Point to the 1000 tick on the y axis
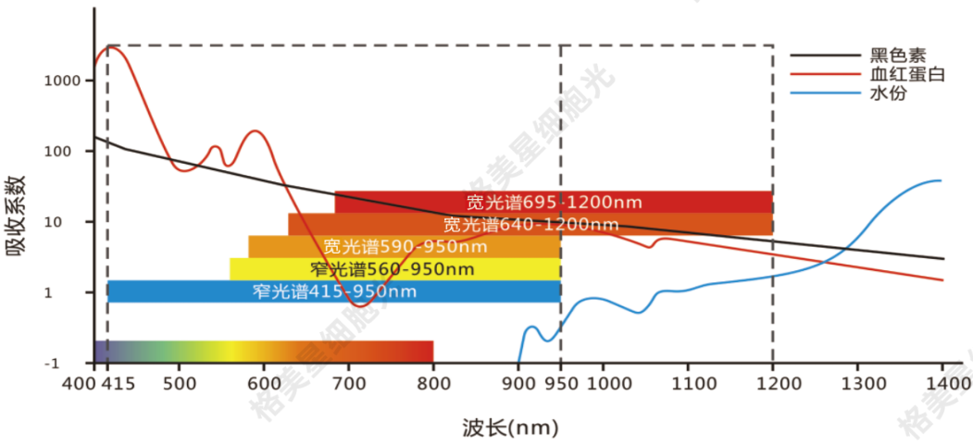(62, 81)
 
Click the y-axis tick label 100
(69, 152)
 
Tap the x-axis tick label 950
(560, 382)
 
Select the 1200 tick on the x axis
(772, 382)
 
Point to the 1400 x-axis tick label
(942, 382)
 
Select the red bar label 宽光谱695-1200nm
(554, 202)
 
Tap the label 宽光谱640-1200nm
(530, 224)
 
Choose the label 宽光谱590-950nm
(405, 247)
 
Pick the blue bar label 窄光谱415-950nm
(333, 291)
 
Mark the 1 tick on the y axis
(77, 292)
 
